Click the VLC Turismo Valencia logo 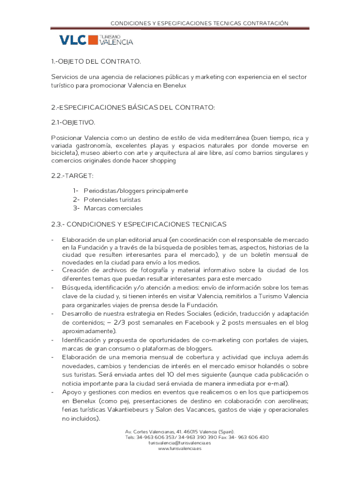point(96,40)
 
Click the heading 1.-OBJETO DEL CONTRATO point(96,62)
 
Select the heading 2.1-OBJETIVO point(73,123)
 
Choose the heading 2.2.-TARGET point(72,175)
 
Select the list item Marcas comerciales point(113,208)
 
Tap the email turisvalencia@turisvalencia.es point(180,443)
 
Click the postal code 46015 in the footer point(187,431)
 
